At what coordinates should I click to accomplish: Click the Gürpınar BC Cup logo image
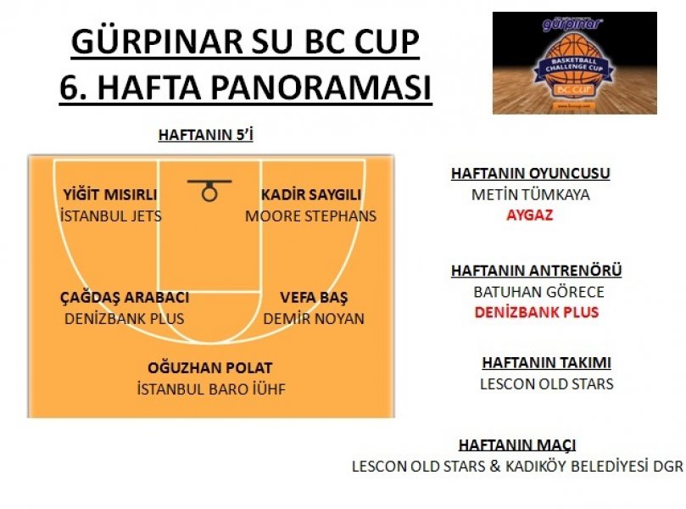574,63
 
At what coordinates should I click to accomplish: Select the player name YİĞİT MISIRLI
110,195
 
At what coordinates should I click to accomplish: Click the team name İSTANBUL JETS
111,215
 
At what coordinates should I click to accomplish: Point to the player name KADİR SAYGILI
311,195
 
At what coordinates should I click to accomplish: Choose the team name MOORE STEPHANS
310,215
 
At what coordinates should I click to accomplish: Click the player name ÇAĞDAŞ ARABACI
125,297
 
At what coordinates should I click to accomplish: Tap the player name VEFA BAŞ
314,297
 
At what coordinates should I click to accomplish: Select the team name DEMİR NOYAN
314,318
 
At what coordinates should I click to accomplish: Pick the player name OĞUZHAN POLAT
210,367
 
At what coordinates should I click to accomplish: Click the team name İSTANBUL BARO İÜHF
211,389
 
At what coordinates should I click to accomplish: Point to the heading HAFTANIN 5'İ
205,135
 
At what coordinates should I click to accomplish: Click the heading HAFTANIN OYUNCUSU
530,173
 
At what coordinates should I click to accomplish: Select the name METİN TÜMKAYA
530,194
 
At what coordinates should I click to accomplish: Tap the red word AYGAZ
530,215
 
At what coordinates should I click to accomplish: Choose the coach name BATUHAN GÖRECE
538,292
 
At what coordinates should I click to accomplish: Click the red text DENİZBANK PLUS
537,312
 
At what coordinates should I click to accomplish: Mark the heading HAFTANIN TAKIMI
546,362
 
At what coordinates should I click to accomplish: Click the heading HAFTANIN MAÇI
517,445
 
